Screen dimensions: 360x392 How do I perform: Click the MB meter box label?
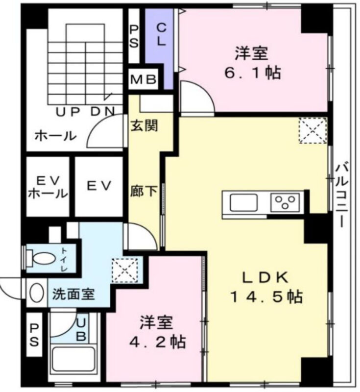[x=144, y=80]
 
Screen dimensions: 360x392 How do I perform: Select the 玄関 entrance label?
[x=144, y=125]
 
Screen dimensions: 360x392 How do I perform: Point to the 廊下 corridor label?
[x=144, y=192]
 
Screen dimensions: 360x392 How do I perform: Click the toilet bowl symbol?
[x=42, y=258]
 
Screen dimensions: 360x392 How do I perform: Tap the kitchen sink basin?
[x=244, y=202]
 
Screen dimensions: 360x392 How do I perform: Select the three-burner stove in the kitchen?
[x=285, y=202]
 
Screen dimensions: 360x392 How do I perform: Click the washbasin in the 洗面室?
[x=37, y=293]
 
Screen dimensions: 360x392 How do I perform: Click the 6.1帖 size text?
[x=253, y=73]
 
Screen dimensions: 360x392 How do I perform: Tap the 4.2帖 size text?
[x=157, y=342]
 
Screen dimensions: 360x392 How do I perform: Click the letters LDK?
[x=266, y=277]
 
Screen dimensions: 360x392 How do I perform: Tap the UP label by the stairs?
[x=68, y=112]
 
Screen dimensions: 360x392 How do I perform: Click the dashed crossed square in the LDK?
[x=313, y=130]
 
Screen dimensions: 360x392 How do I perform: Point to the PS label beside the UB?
[x=34, y=335]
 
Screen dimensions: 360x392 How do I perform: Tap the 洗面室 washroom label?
[x=73, y=294]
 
